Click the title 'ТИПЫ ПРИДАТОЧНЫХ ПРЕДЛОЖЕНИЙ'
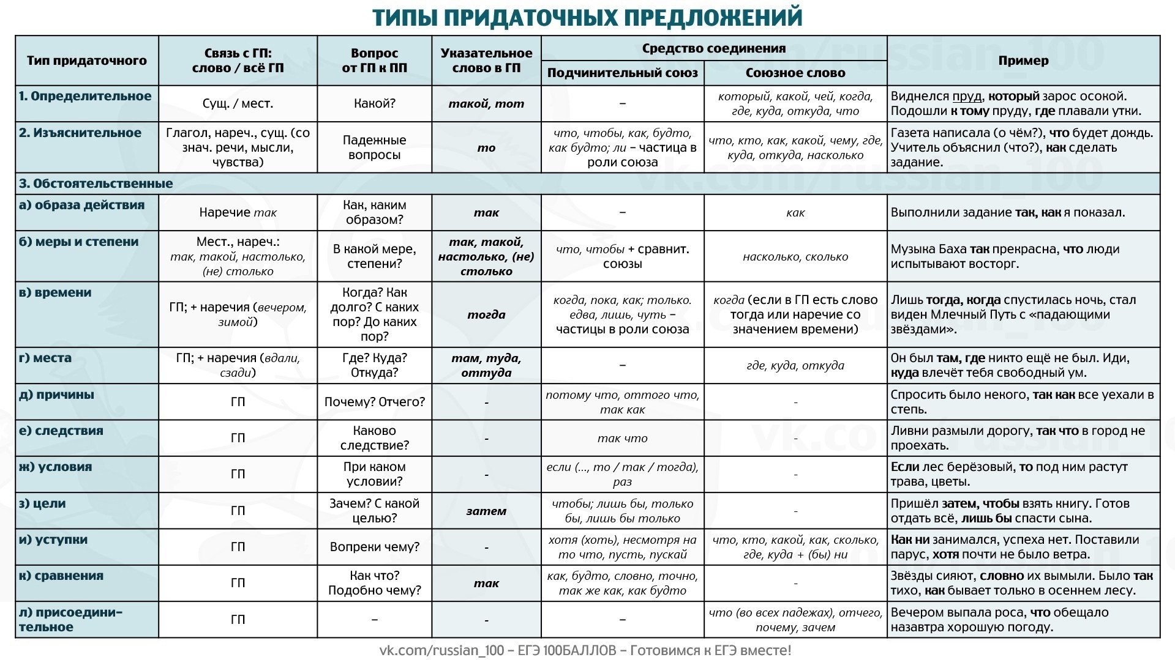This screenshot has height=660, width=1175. point(587,17)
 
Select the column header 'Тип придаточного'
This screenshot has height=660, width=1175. point(86,61)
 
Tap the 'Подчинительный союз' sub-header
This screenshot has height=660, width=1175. point(622,73)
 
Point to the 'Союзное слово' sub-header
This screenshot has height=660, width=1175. point(795,73)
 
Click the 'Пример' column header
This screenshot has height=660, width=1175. point(1023,61)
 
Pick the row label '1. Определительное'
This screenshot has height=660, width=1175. point(85,96)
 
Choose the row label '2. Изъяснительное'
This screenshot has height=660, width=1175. point(80,133)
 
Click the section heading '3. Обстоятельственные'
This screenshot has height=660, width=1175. point(96,184)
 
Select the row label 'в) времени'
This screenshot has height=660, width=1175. point(55,292)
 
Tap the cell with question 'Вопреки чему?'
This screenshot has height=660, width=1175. point(374,547)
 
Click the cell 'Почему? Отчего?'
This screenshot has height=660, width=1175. point(374,402)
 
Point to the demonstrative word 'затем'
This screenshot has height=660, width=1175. point(486,511)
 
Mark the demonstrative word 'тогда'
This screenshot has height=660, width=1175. point(486,314)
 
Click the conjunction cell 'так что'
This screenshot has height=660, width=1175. point(622,438)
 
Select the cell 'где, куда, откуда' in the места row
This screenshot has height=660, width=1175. point(795,365)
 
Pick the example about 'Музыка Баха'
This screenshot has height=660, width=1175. point(1005,256)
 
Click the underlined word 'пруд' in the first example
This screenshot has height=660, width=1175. point(967,96)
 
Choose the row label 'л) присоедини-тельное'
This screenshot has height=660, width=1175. point(71,619)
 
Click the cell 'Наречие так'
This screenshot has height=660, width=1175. point(238,212)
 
